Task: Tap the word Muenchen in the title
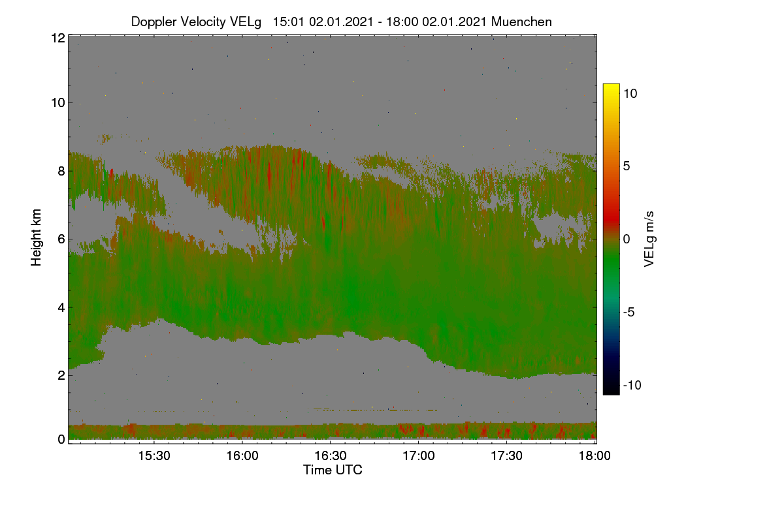[x=521, y=22]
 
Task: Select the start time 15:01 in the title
[x=288, y=22]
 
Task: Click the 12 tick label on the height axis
[x=58, y=38]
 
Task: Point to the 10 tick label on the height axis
[x=58, y=103]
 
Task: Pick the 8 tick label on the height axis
[x=61, y=171]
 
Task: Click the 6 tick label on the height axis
[x=61, y=239]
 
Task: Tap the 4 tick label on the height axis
[x=61, y=308]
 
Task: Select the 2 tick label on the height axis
[x=61, y=375]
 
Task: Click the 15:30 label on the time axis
[x=154, y=455]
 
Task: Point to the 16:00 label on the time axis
[x=242, y=455]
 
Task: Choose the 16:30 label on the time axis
[x=331, y=455]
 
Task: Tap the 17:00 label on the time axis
[x=419, y=455]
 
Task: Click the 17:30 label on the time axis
[x=506, y=455]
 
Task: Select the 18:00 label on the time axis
[x=595, y=455]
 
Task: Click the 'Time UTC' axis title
[x=333, y=470]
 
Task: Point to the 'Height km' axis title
[x=36, y=238]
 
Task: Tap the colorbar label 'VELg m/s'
[x=649, y=239]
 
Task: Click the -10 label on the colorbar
[x=632, y=385]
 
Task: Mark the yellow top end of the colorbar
[x=611, y=85]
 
